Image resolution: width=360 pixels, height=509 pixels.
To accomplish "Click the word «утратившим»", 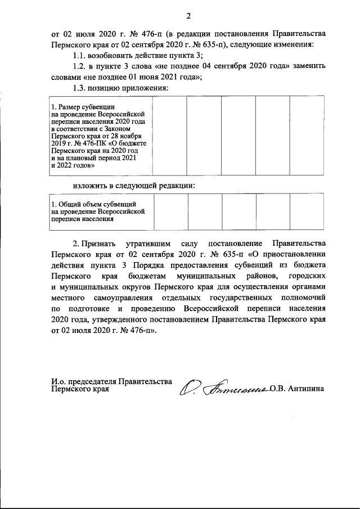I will point(152,244).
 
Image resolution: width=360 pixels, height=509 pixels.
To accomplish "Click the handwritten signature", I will point(225,387).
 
